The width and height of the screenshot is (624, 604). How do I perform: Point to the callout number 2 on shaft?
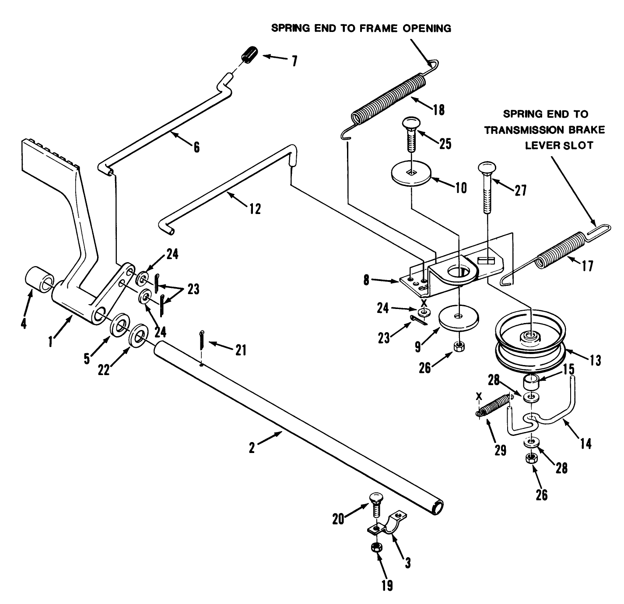252,448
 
